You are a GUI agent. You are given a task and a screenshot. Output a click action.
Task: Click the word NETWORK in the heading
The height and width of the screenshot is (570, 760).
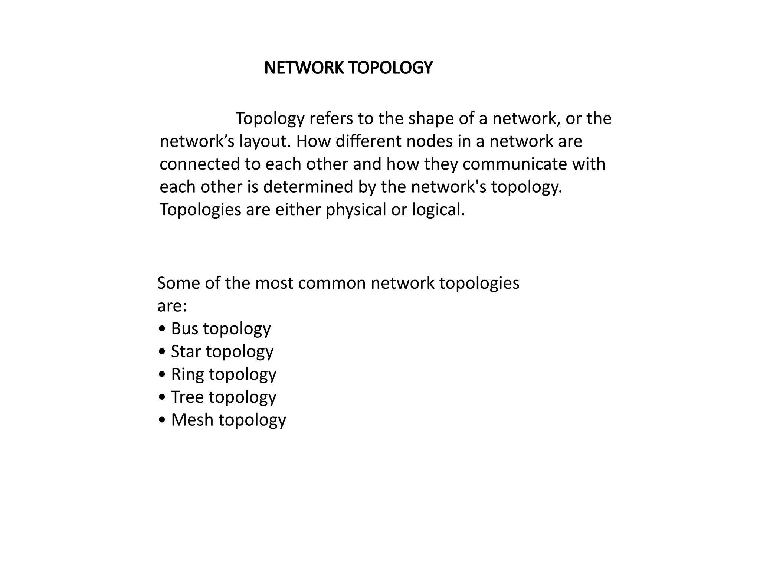pos(304,68)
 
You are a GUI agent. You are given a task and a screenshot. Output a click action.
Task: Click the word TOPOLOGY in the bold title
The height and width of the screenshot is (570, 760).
pos(390,68)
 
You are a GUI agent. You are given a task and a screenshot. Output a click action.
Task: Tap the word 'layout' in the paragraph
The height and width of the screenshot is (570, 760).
pos(262,141)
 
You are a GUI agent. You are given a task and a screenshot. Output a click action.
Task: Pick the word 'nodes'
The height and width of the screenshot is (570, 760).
pos(429,141)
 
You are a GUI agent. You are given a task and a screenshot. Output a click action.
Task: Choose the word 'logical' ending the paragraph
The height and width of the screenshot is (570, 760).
pos(438,210)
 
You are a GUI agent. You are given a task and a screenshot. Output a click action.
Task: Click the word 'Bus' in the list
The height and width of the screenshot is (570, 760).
pos(184,329)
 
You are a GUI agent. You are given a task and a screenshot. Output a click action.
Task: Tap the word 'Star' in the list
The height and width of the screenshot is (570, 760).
pos(186,351)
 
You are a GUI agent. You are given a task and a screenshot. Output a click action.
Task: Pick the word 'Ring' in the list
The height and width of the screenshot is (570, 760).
pos(187,374)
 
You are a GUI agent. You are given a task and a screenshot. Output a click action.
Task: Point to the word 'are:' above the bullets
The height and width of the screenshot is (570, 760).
pos(172,307)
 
